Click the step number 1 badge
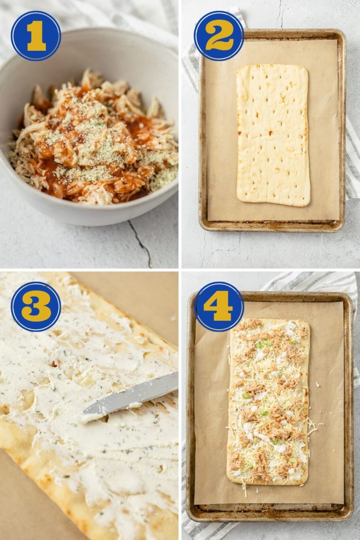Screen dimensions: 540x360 (x=36, y=36)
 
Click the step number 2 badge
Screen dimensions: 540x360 (x=219, y=36)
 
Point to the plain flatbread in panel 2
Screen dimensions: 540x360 (x=273, y=135)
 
